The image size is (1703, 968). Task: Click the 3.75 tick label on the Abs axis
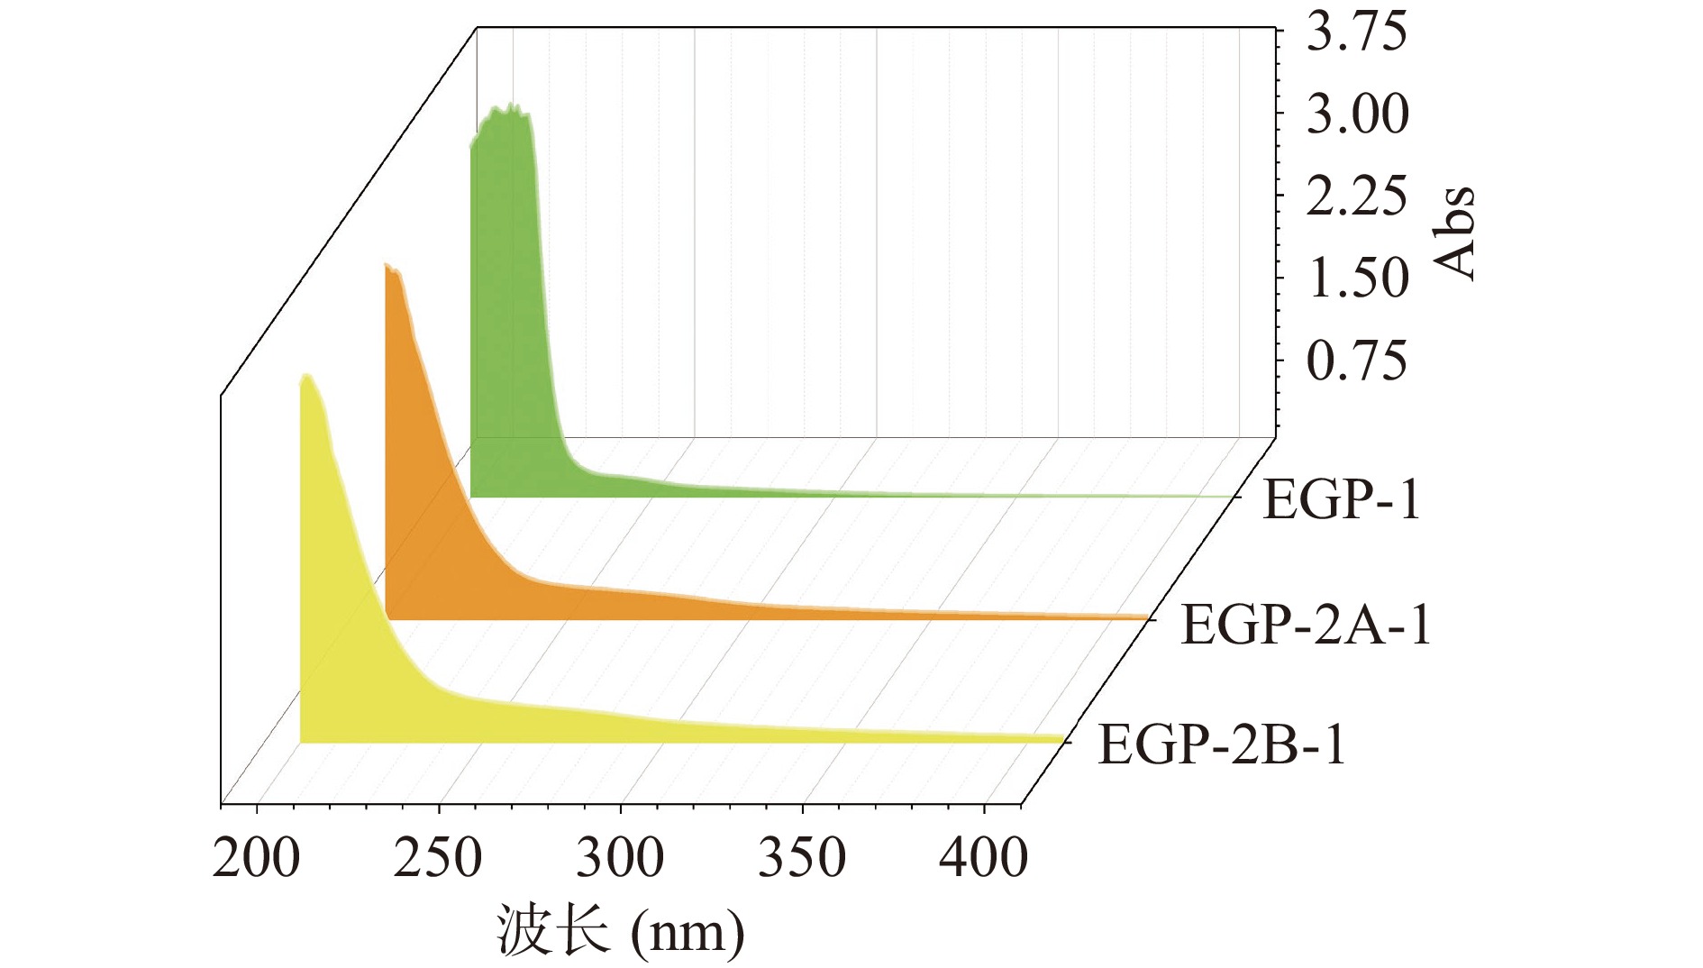pos(1355,32)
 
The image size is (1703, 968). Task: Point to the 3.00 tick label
pos(1355,115)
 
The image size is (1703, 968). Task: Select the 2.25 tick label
pos(1355,196)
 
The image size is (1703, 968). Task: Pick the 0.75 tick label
pos(1355,361)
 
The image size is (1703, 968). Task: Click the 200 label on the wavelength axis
pos(256,857)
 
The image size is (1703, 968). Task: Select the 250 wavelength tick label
pos(438,857)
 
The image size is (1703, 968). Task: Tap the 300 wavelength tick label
pos(620,857)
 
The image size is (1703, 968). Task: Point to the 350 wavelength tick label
pos(802,857)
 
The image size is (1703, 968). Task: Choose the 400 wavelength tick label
pos(983,857)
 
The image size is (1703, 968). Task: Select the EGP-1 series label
pos(1341,500)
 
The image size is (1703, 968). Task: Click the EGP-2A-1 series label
pos(1306,625)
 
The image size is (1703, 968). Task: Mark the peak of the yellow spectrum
pos(307,377)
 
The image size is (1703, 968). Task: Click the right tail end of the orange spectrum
pos(1146,617)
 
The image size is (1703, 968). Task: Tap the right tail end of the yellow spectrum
pos(1061,739)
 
